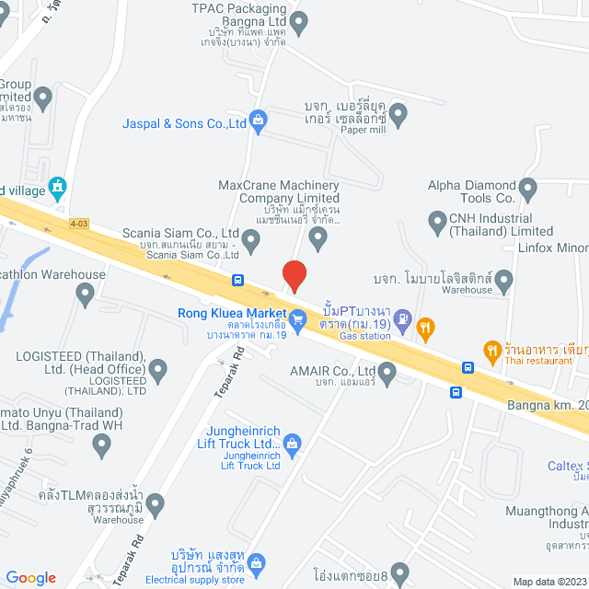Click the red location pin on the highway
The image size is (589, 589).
(294, 275)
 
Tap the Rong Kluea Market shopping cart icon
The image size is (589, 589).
(297, 321)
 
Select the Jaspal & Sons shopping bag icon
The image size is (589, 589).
(259, 120)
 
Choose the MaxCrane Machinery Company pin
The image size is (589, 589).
(318, 239)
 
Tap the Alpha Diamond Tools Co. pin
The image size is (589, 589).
(527, 191)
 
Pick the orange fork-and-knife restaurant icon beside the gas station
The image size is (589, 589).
(425, 325)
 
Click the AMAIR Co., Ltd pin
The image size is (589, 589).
(387, 373)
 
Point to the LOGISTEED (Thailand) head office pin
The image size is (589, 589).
(159, 371)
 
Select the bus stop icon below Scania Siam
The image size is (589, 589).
(238, 280)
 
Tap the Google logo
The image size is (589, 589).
(30, 577)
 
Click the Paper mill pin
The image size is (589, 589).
(398, 115)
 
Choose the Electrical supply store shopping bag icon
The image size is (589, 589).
(257, 562)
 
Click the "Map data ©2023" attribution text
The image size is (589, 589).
(549, 582)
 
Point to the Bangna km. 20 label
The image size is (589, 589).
(549, 403)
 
